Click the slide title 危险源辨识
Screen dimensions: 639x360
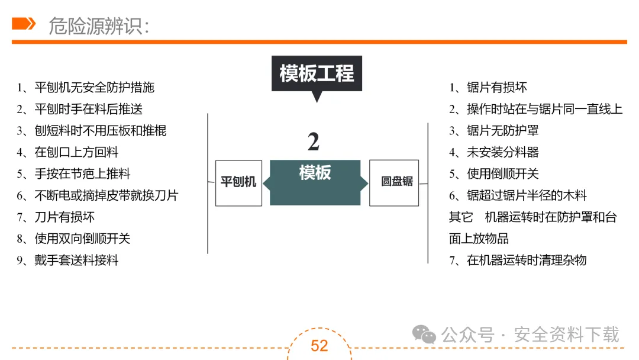pyautogui.click(x=98, y=25)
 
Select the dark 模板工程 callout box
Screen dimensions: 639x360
pyautogui.click(x=317, y=74)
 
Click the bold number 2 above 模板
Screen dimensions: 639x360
pyautogui.click(x=314, y=142)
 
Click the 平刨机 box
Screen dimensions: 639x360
pyautogui.click(x=238, y=182)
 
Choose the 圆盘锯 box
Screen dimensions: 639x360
pyautogui.click(x=394, y=182)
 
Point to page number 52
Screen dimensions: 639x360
pyautogui.click(x=319, y=345)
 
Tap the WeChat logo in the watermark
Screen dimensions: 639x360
pyautogui.click(x=424, y=335)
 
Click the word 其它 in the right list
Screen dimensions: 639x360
pyautogui.click(x=461, y=217)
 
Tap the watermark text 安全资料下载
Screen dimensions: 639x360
pyautogui.click(x=567, y=335)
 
